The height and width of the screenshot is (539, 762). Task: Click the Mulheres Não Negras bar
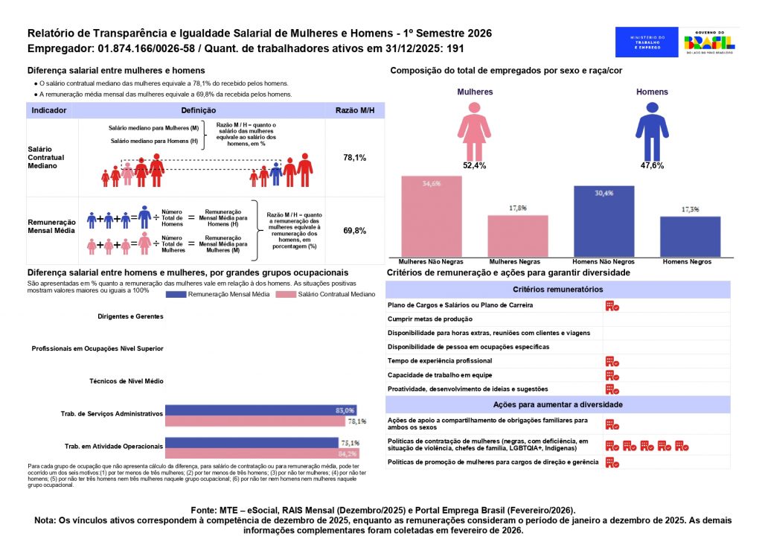pyautogui.click(x=431, y=217)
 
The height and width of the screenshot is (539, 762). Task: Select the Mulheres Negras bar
pyautogui.click(x=518, y=236)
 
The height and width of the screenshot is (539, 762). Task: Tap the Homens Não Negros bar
pyautogui.click(x=603, y=221)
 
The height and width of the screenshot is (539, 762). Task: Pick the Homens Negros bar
pyautogui.click(x=690, y=237)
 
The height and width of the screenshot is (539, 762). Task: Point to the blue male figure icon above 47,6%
pyautogui.click(x=651, y=131)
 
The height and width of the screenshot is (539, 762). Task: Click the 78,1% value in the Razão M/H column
pyautogui.click(x=354, y=158)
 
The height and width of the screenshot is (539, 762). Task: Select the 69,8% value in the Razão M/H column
pyautogui.click(x=354, y=231)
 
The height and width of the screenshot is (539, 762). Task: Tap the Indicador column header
pyautogui.click(x=49, y=110)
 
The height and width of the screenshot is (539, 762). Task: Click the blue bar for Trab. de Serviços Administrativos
pyautogui.click(x=260, y=410)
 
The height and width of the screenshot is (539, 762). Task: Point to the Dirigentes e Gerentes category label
pyautogui.click(x=130, y=316)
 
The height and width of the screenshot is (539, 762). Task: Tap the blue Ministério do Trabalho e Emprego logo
pyautogui.click(x=647, y=42)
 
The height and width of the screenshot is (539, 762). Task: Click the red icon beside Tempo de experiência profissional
pyautogui.click(x=612, y=361)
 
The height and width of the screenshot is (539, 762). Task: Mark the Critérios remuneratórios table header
pyautogui.click(x=557, y=289)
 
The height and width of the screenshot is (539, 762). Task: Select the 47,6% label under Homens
pyautogui.click(x=651, y=165)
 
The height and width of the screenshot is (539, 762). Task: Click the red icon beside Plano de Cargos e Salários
pyautogui.click(x=612, y=305)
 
